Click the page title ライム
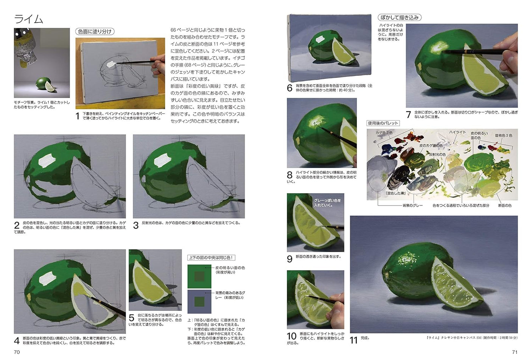tap(29, 19)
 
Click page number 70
tap(17, 352)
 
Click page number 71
tap(515, 352)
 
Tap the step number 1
tap(78, 116)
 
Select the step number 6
tap(290, 88)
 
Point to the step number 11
tap(353, 340)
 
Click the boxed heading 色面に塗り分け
tap(95, 31)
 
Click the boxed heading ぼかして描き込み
tap(399, 17)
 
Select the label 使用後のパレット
tap(383, 123)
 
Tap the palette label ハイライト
tap(457, 132)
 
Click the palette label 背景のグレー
tap(412, 206)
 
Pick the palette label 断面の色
tap(504, 206)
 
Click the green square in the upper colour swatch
tap(199, 276)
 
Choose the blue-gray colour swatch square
tap(199, 302)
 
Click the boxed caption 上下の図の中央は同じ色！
tap(212, 258)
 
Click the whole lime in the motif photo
tap(42, 83)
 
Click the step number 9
tap(290, 259)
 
